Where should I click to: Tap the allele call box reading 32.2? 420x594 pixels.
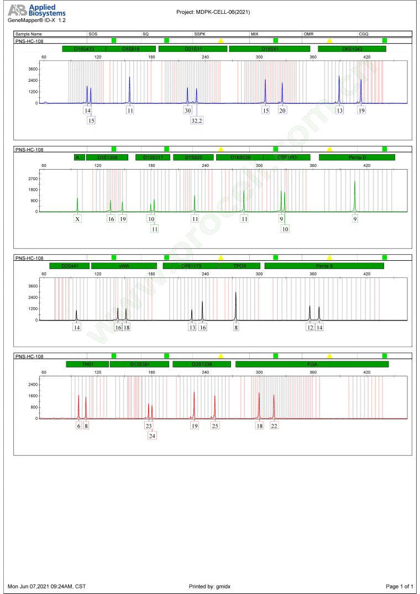(x=196, y=120)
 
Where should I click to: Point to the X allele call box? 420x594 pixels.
(x=78, y=219)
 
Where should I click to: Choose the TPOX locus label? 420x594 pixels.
(x=240, y=266)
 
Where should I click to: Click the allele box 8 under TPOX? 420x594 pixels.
(x=236, y=328)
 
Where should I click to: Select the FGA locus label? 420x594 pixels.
(x=312, y=364)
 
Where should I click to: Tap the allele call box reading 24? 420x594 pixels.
(x=152, y=435)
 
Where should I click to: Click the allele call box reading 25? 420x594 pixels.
(x=215, y=426)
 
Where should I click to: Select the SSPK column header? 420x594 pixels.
(x=200, y=34)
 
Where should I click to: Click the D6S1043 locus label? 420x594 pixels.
(x=352, y=49)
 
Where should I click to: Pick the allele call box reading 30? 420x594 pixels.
(x=187, y=111)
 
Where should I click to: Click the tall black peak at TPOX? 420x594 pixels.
(x=236, y=304)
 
